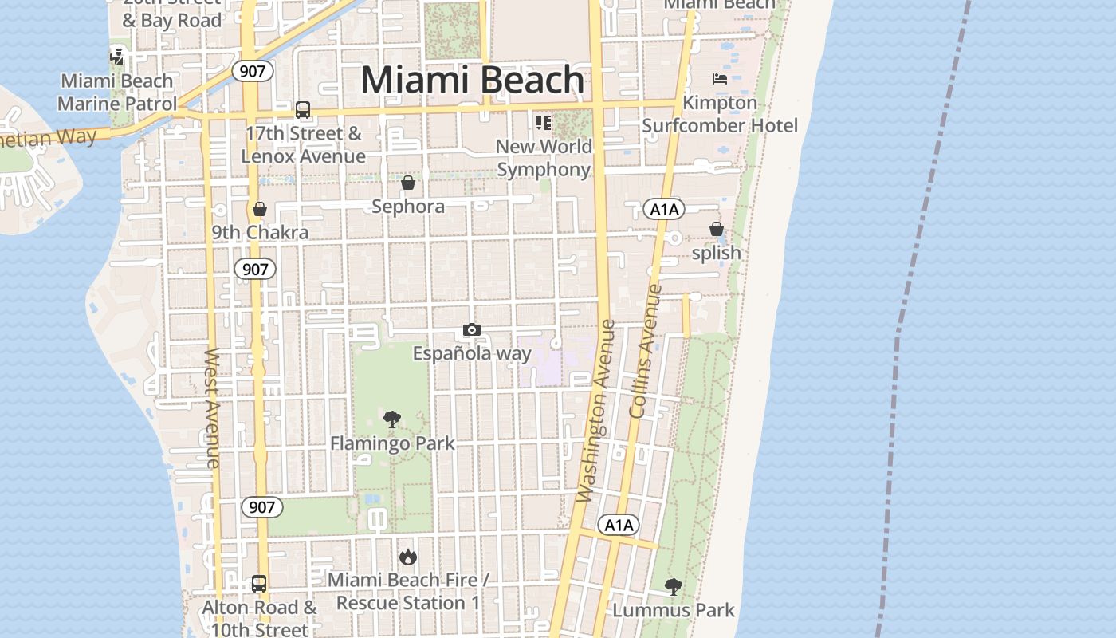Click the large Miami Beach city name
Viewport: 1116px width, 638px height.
(473, 80)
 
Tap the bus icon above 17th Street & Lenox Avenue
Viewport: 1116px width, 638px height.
(303, 110)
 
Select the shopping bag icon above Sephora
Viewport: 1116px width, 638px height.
(408, 183)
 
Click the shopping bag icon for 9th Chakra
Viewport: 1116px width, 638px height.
(260, 210)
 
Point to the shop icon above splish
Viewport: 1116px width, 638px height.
(717, 230)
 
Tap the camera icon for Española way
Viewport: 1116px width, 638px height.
(472, 330)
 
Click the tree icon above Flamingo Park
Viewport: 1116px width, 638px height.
(392, 419)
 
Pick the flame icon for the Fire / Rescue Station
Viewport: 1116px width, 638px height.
(408, 557)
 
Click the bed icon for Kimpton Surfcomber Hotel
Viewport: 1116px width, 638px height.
(720, 79)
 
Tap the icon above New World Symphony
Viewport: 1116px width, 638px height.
(544, 122)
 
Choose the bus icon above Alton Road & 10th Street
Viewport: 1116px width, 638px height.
(259, 584)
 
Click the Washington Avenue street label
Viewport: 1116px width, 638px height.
(596, 411)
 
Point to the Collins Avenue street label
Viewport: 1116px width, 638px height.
(646, 351)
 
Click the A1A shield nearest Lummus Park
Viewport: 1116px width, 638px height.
(619, 525)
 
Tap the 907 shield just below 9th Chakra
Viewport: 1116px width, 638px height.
(255, 269)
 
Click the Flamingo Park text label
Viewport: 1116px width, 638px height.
(392, 443)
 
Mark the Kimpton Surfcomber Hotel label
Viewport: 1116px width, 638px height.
(720, 114)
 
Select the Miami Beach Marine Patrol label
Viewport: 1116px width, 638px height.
(116, 93)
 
